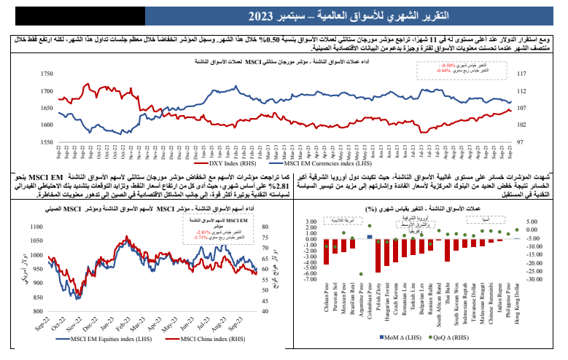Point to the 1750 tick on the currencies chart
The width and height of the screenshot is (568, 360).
(47, 74)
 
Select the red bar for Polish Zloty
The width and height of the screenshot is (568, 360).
(378, 255)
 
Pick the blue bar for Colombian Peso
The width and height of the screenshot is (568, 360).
(369, 237)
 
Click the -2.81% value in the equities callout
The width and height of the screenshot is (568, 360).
(209, 231)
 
